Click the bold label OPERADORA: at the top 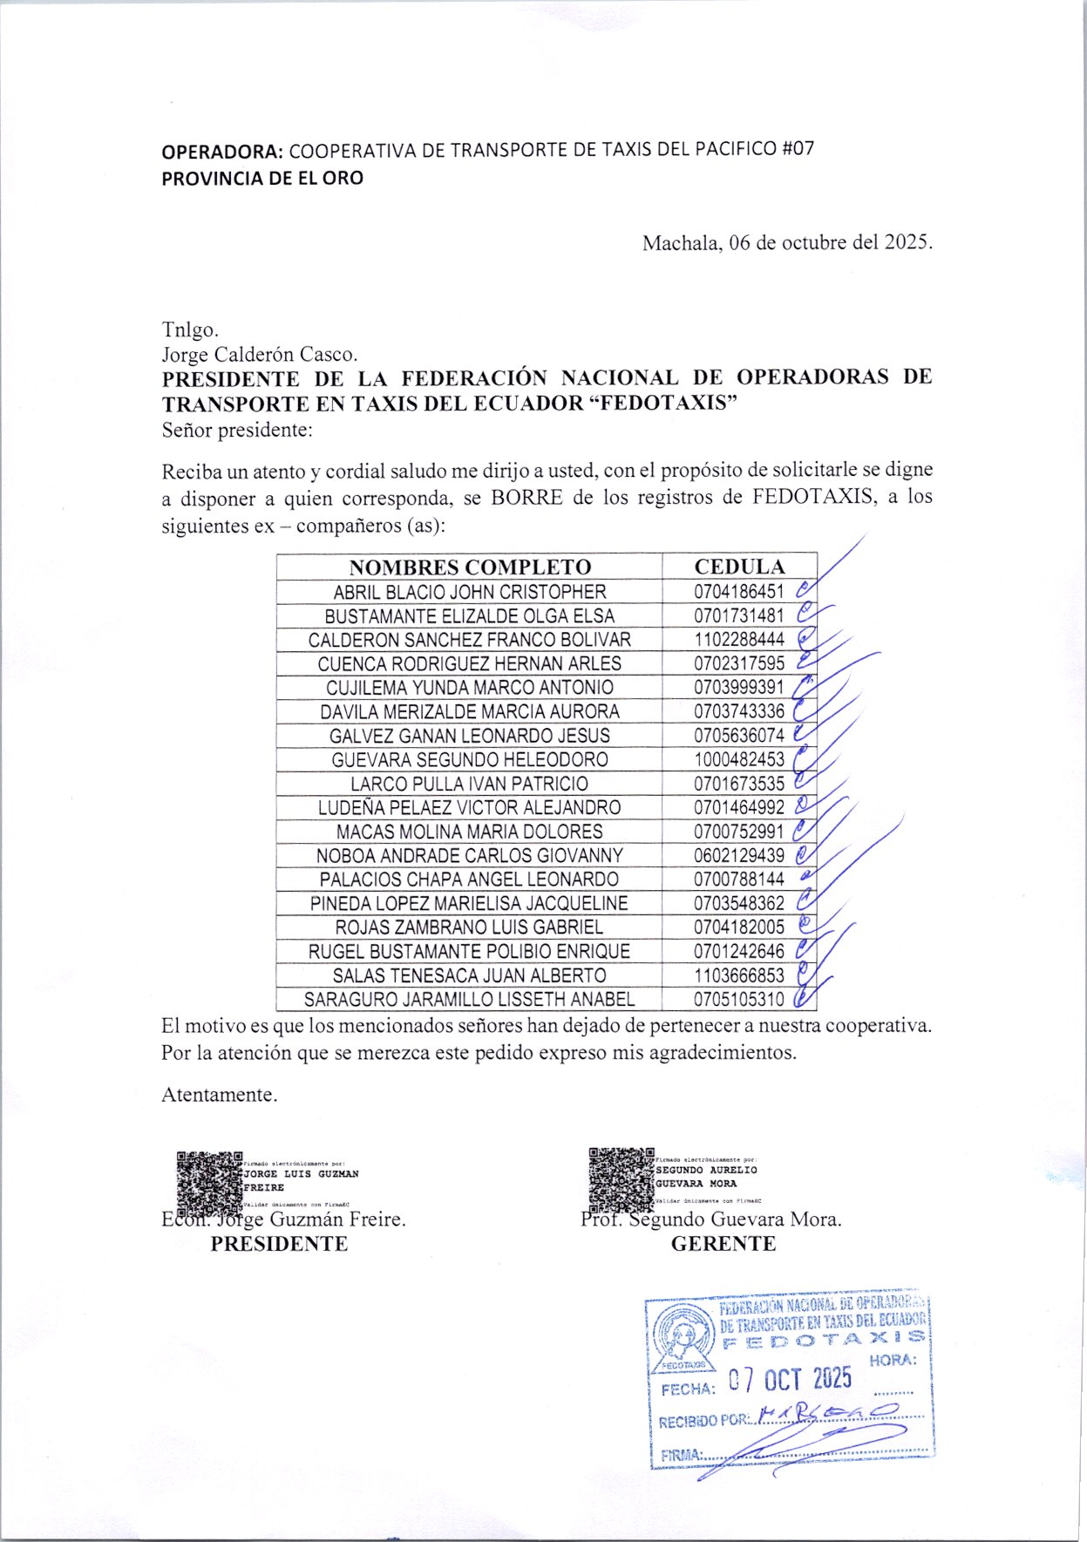(222, 151)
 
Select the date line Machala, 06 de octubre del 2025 (787, 242)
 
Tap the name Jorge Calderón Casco (260, 355)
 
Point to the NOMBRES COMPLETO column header (470, 567)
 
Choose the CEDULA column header (739, 567)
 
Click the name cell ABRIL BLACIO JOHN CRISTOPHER (470, 592)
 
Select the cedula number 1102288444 (739, 640)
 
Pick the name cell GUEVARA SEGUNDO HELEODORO (470, 759)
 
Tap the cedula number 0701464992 (739, 807)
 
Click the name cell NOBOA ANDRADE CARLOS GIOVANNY (470, 855)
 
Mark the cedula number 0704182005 (739, 927)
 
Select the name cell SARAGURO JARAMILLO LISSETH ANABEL (470, 999)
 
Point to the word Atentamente (219, 1095)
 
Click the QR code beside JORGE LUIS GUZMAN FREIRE (208, 1183)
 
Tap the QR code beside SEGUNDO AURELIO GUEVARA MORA (621, 1179)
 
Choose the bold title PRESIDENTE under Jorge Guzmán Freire (279, 1244)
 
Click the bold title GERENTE (723, 1244)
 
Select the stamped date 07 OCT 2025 (790, 1378)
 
